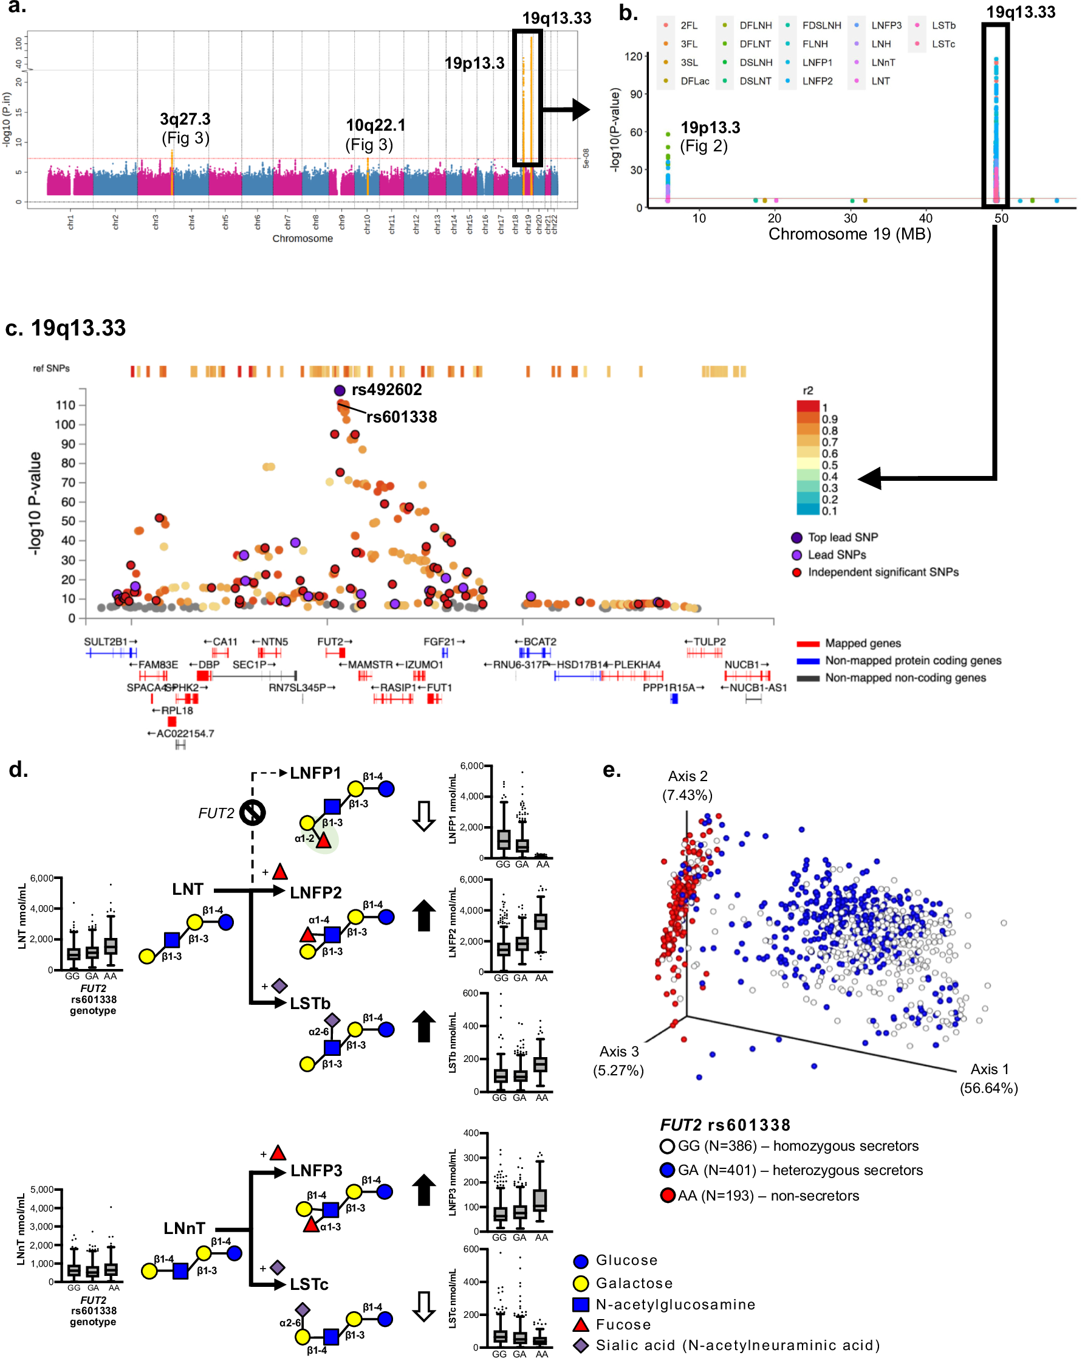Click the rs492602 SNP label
(386, 390)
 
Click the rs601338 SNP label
(402, 417)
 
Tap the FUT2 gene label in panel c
(331, 642)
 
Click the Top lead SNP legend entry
(842, 537)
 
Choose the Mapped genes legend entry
(862, 643)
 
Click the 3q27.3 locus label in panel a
(185, 120)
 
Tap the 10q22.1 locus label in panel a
(376, 125)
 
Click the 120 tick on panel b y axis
(632, 57)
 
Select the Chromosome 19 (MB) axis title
(849, 234)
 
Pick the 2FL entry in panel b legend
(688, 26)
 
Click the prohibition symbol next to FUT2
(252, 813)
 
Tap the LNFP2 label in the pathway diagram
(315, 892)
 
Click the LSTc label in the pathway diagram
(309, 1284)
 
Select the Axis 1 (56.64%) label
(988, 1078)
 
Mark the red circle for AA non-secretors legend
(667, 1196)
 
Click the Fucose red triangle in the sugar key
(580, 1325)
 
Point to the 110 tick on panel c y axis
(66, 405)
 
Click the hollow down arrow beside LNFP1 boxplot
(423, 816)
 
